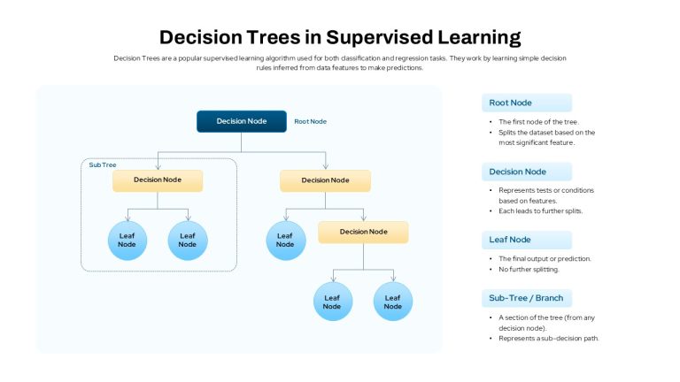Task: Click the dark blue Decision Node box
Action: point(242,121)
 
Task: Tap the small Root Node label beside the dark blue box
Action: point(311,122)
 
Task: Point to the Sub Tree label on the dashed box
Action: point(103,165)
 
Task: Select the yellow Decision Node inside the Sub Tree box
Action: point(158,180)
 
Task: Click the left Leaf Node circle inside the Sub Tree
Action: point(127,241)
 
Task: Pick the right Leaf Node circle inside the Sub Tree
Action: point(188,241)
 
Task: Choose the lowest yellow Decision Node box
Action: point(363,233)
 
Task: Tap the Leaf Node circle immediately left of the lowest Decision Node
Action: point(286,241)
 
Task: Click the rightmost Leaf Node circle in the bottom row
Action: point(393,302)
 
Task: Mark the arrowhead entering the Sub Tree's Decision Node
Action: point(158,167)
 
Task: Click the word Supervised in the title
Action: point(379,38)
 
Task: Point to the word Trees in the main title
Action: point(274,38)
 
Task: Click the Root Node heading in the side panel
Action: point(510,103)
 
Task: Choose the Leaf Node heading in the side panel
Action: point(510,240)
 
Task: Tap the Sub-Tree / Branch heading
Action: point(526,298)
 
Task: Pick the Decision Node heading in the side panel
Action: point(517,172)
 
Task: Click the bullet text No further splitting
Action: point(529,270)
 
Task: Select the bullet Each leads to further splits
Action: point(540,211)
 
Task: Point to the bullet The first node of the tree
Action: point(538,122)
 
